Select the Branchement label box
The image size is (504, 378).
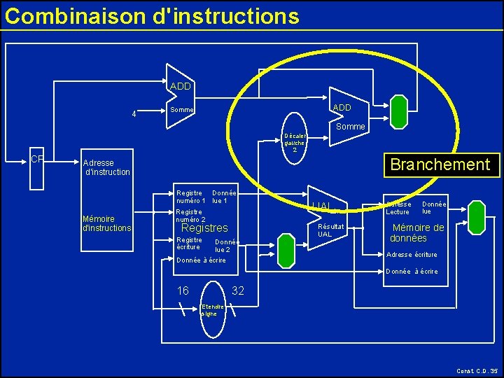pyautogui.click(x=440, y=164)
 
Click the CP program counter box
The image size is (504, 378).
pyautogui.click(x=37, y=169)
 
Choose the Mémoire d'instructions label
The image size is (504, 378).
pyautogui.click(x=106, y=223)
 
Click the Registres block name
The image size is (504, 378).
pyautogui.click(x=204, y=228)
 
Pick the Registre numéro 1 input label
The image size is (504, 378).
pyautogui.click(x=190, y=197)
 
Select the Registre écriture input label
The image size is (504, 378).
pyautogui.click(x=189, y=243)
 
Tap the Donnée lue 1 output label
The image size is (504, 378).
pyautogui.click(x=224, y=197)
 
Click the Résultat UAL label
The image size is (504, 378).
pyautogui.click(x=330, y=230)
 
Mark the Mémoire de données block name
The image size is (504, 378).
pyautogui.click(x=417, y=232)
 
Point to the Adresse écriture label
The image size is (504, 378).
pyautogui.click(x=412, y=255)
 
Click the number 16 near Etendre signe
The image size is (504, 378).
pyautogui.click(x=183, y=290)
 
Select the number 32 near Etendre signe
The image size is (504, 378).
pyautogui.click(x=237, y=290)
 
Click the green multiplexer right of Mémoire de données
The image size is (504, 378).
pyautogui.click(x=477, y=217)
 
